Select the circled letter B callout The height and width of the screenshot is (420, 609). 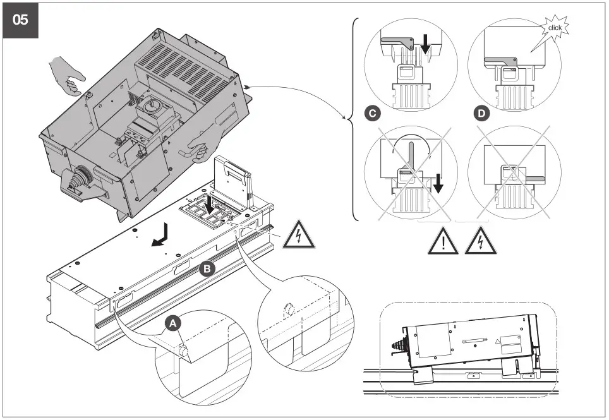click(x=207, y=268)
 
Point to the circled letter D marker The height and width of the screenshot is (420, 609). click(x=483, y=114)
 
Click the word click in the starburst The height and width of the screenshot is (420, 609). click(x=555, y=28)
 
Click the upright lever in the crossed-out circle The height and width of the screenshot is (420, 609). click(x=410, y=155)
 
